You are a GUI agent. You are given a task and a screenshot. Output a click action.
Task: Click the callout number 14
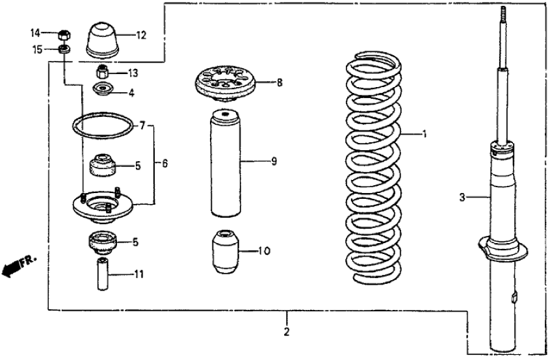pos(35,33)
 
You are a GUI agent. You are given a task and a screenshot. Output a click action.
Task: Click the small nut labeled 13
pos(102,71)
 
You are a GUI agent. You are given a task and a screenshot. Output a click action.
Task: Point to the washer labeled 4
pos(103,90)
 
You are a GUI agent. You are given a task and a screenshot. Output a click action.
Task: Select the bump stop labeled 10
pos(224,251)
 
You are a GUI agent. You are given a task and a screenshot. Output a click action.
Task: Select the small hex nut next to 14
pos(64,34)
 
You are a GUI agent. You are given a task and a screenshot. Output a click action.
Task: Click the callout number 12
pos(141,35)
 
